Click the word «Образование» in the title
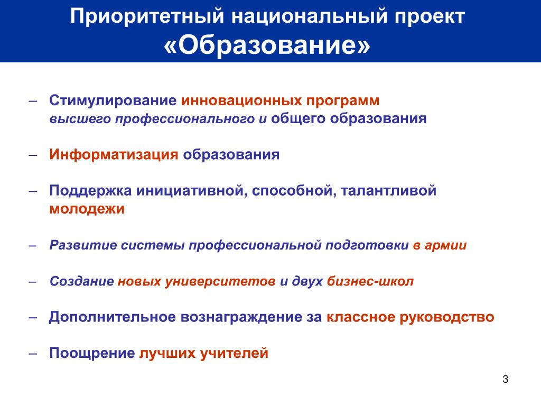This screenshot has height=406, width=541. pyautogui.click(x=267, y=45)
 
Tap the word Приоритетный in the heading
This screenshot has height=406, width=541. pyautogui.click(x=147, y=16)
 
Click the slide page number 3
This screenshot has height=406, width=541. pyautogui.click(x=505, y=379)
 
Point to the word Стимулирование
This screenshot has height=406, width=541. pyautogui.click(x=113, y=101)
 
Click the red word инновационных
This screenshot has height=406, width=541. pyautogui.click(x=241, y=100)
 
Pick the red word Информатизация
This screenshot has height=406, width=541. pyautogui.click(x=114, y=154)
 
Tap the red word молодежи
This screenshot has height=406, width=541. pyautogui.click(x=87, y=209)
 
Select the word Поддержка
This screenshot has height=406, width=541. pyautogui.click(x=90, y=191)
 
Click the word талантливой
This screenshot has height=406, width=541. pyautogui.click(x=388, y=190)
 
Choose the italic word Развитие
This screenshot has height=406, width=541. pyautogui.click(x=83, y=245)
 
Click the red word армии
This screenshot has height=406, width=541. pyautogui.click(x=445, y=245)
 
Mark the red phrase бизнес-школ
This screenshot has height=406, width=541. pyautogui.click(x=370, y=281)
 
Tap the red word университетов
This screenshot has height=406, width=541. pyautogui.click(x=220, y=282)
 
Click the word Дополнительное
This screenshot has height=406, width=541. pyautogui.click(x=113, y=317)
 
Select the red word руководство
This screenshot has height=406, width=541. pyautogui.click(x=447, y=317)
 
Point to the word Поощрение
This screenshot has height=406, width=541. pyautogui.click(x=92, y=353)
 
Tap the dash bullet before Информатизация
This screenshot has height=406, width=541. pyautogui.click(x=33, y=155)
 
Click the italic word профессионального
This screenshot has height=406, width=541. pyautogui.click(x=185, y=119)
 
